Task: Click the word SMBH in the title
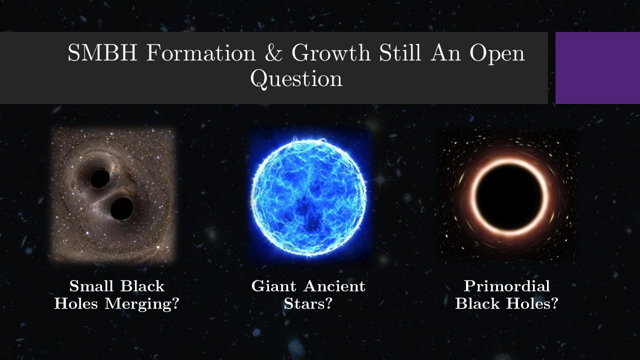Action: pyautogui.click(x=102, y=53)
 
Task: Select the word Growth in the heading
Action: pyautogui.click(x=330, y=53)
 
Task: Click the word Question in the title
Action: pyautogui.click(x=296, y=79)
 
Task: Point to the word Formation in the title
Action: pyautogui.click(x=201, y=53)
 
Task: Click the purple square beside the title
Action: pyautogui.click(x=597, y=68)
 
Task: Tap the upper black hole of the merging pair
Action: pyautogui.click(x=99, y=178)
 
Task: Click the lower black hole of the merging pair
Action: pyautogui.click(x=122, y=208)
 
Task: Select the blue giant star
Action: pyautogui.click(x=309, y=197)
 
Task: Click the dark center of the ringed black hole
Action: pyautogui.click(x=509, y=197)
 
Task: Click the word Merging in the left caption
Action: pyautogui.click(x=141, y=303)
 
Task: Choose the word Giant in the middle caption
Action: pyautogui.click(x=273, y=286)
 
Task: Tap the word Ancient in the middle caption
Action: pyautogui.click(x=334, y=286)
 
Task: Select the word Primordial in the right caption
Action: pyautogui.click(x=506, y=286)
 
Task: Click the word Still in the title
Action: pyautogui.click(x=400, y=53)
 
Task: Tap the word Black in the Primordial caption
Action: pyautogui.click(x=477, y=303)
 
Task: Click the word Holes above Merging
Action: pyautogui.click(x=76, y=303)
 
